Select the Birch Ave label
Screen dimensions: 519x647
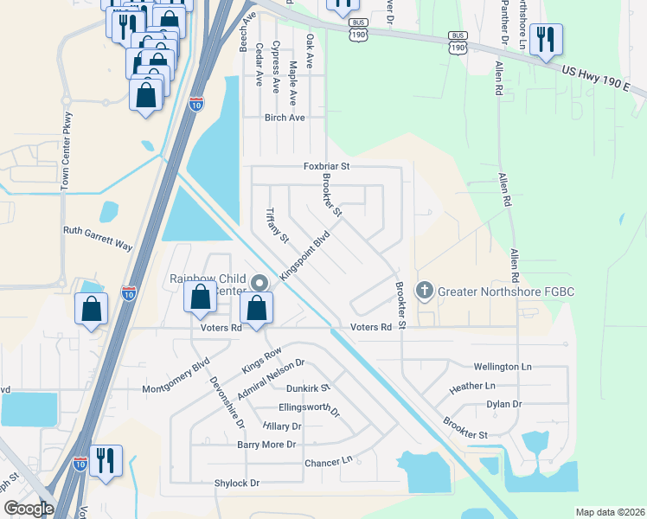(x=285, y=118)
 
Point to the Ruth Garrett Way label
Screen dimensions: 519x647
(x=98, y=239)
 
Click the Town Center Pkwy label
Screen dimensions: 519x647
(x=67, y=151)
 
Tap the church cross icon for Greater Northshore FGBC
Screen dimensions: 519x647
(x=424, y=291)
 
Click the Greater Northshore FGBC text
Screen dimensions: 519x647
(x=506, y=292)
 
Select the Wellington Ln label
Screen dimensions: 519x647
(x=503, y=367)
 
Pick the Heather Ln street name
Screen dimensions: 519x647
(x=472, y=386)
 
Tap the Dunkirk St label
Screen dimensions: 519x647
(x=309, y=389)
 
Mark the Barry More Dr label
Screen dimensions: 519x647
(x=266, y=445)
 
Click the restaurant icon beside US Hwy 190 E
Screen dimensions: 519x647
(x=546, y=40)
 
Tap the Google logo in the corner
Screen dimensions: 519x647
(x=29, y=509)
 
